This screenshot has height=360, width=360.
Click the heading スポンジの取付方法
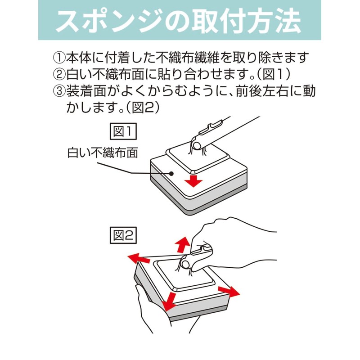tap(178, 21)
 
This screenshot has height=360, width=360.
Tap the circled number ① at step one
tap(59, 58)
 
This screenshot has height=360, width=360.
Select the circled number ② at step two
tap(59, 74)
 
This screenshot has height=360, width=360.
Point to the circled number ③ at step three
tap(59, 91)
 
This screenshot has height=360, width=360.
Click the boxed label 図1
tap(123, 131)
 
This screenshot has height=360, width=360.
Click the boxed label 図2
tap(123, 235)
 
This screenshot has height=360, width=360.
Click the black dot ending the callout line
tap(171, 173)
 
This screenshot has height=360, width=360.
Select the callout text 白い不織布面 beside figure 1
tap(103, 153)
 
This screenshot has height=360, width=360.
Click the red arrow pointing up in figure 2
tap(183, 245)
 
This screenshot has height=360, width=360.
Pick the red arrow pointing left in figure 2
tap(139, 258)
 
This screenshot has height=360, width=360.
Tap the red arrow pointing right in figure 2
tap(229, 292)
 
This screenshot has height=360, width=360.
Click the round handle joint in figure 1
tap(197, 145)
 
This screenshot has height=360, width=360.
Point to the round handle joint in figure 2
tap(185, 265)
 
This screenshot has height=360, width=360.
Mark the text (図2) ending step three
tap(143, 108)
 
